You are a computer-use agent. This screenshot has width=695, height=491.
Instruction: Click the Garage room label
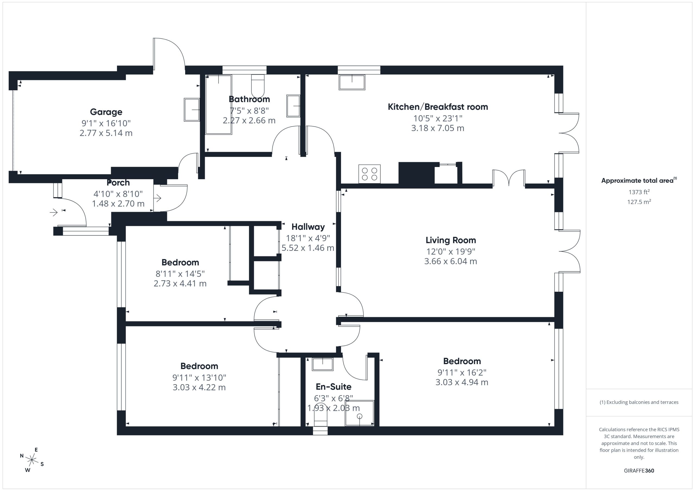(x=106, y=112)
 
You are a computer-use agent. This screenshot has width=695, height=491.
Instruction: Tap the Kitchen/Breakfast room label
(x=438, y=107)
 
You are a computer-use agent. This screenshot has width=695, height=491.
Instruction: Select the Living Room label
(x=451, y=240)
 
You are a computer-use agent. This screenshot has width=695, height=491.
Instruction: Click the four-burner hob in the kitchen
(x=369, y=174)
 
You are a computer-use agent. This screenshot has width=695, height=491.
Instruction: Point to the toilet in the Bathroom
(x=258, y=86)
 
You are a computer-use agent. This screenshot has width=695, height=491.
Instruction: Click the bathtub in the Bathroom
(x=219, y=105)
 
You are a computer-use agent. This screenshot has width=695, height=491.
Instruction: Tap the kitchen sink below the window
(x=352, y=82)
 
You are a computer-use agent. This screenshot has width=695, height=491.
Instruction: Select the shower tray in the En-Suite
(x=359, y=413)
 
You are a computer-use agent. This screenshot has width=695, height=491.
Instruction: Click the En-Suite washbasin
(x=323, y=364)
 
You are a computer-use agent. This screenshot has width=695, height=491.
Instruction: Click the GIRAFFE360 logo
(x=639, y=470)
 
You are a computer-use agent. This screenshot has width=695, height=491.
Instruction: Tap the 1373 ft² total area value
(x=639, y=192)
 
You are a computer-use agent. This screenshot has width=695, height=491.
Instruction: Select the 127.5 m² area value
(x=639, y=202)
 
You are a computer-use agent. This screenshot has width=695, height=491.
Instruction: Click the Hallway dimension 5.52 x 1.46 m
(x=308, y=248)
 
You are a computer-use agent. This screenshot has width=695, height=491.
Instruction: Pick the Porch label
(x=118, y=183)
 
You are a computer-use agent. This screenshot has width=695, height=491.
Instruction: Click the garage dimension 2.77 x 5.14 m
(x=106, y=133)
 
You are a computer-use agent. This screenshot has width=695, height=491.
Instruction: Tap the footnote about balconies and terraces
(x=639, y=402)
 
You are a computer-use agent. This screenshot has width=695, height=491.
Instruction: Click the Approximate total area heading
(x=639, y=181)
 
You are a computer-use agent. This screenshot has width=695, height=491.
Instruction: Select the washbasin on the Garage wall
(x=192, y=110)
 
